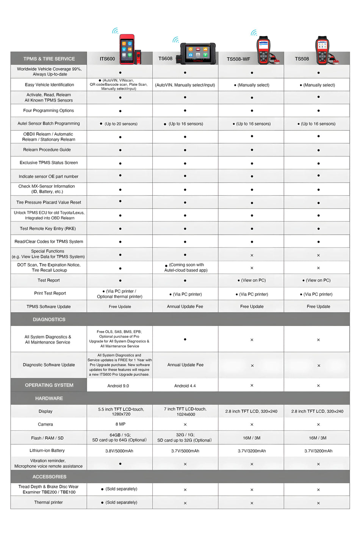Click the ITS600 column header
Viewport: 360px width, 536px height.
107,59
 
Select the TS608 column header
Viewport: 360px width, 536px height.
165,58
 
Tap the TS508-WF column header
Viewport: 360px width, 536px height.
238,59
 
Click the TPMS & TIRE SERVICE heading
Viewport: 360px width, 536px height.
49,59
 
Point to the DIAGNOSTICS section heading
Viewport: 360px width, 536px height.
49,320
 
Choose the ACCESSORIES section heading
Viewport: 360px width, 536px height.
49,476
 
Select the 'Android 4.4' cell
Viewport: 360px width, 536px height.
185,386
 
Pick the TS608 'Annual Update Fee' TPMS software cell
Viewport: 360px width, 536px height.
185,307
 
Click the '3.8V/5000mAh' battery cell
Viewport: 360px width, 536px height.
119,451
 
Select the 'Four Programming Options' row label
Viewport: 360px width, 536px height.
49,111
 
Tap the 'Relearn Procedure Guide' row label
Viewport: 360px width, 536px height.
47,150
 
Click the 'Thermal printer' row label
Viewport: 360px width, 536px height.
49,502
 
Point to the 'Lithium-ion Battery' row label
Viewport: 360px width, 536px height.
47,451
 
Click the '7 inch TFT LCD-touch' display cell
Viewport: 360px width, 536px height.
185,412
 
